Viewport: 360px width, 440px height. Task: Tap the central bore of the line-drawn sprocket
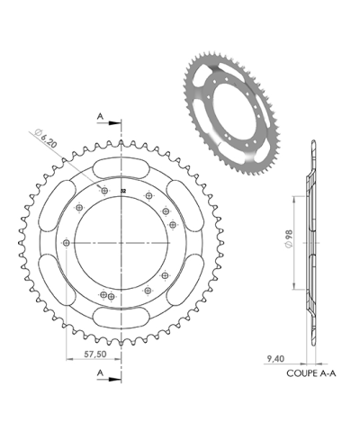coord(122,245)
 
